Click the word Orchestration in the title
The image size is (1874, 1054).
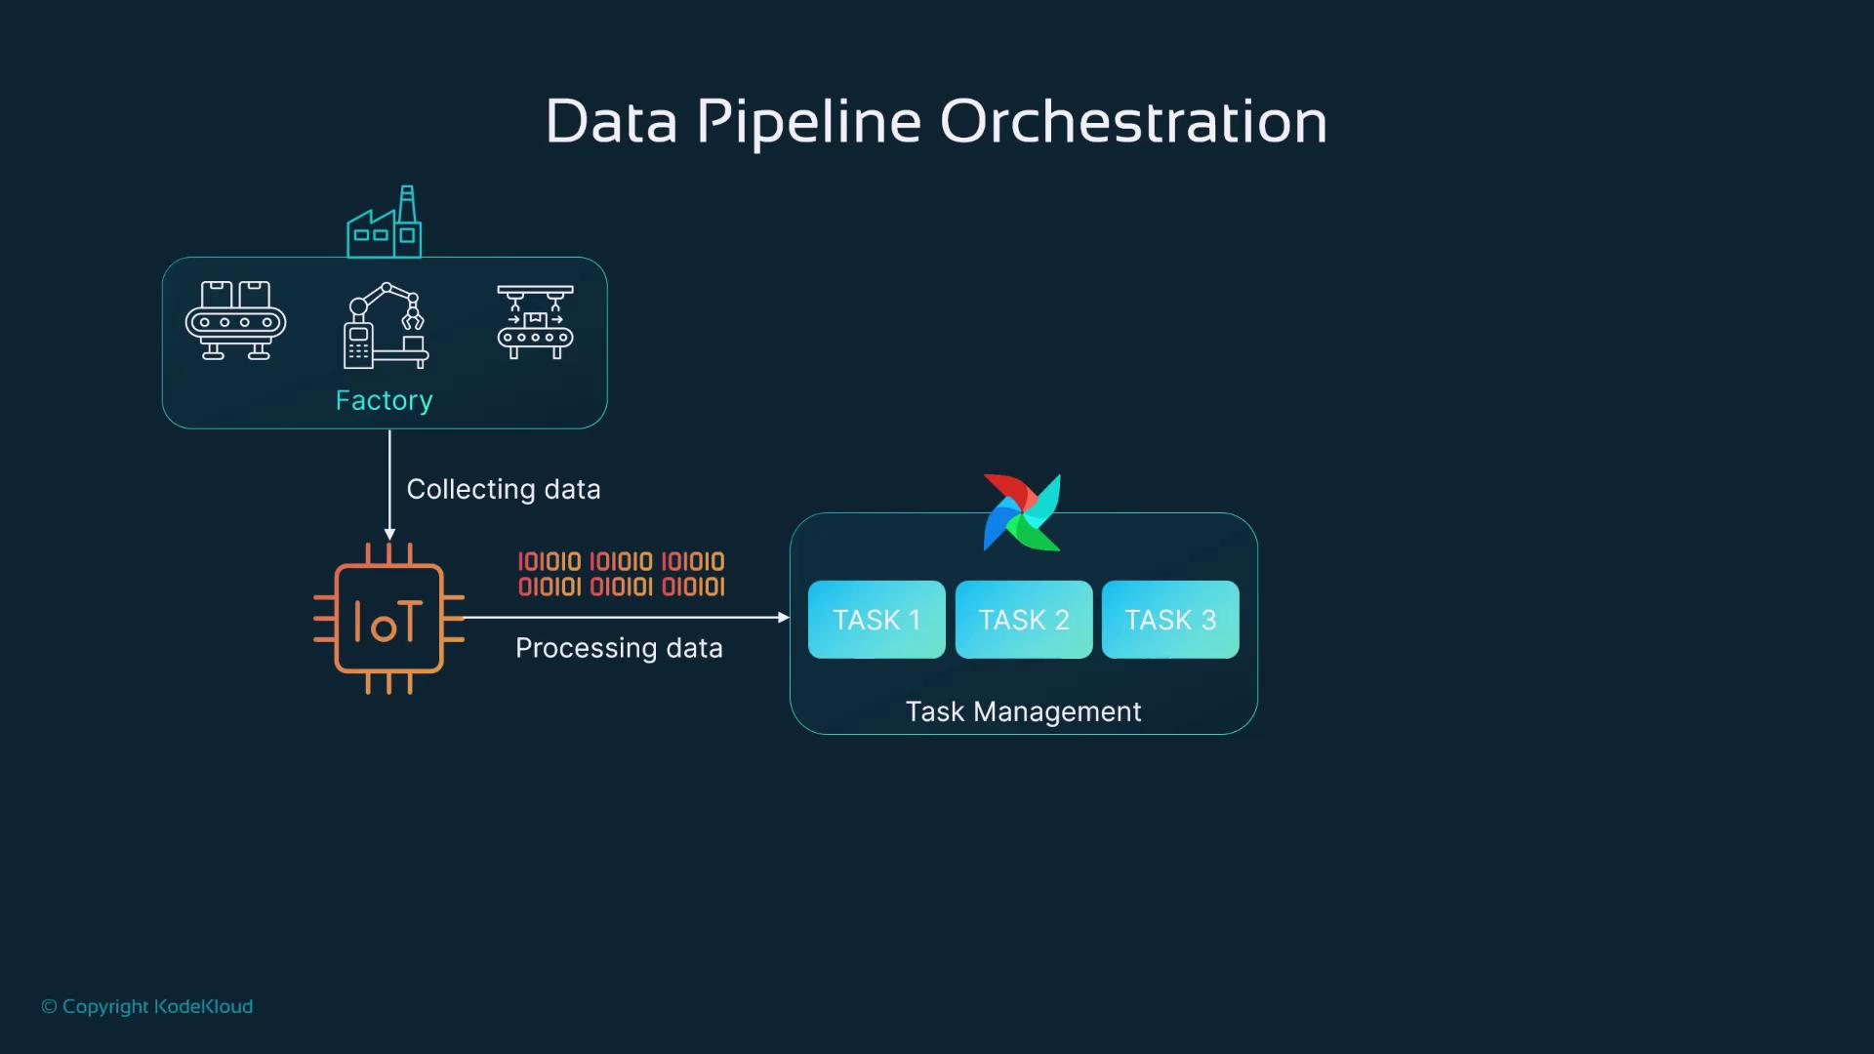pos(1132,122)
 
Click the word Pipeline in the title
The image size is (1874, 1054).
pos(808,122)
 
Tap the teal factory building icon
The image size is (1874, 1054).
pos(385,223)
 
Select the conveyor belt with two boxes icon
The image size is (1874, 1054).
pos(235,321)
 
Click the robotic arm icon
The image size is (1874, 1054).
pos(386,326)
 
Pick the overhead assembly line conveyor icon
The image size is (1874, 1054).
pos(535,322)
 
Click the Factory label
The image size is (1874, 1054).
pos(384,400)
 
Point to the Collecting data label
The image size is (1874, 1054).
pos(503,489)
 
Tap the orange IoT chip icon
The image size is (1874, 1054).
pos(388,619)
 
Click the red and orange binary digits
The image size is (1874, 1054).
pos(621,574)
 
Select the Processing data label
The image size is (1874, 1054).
pos(619,648)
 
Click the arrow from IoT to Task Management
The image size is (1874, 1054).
pos(625,618)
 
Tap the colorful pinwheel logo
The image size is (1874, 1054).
pos(1022,512)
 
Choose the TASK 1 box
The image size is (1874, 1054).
pos(876,620)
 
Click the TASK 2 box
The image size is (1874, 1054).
pos(1024,620)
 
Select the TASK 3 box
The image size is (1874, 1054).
pos(1170,620)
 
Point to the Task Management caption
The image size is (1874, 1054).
pos(1023,711)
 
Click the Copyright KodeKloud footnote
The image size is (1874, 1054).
pos(147,1006)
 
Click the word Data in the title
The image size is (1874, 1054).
pos(611,122)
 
